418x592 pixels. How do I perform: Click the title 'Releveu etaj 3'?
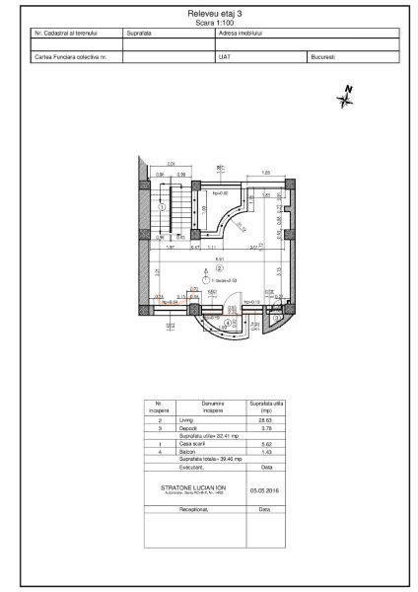point(209,14)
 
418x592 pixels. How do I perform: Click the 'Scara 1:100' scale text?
point(209,22)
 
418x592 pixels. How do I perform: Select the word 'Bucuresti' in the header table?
point(322,57)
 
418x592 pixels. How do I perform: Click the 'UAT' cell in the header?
point(223,57)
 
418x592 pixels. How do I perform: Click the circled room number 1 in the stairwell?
point(161,207)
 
